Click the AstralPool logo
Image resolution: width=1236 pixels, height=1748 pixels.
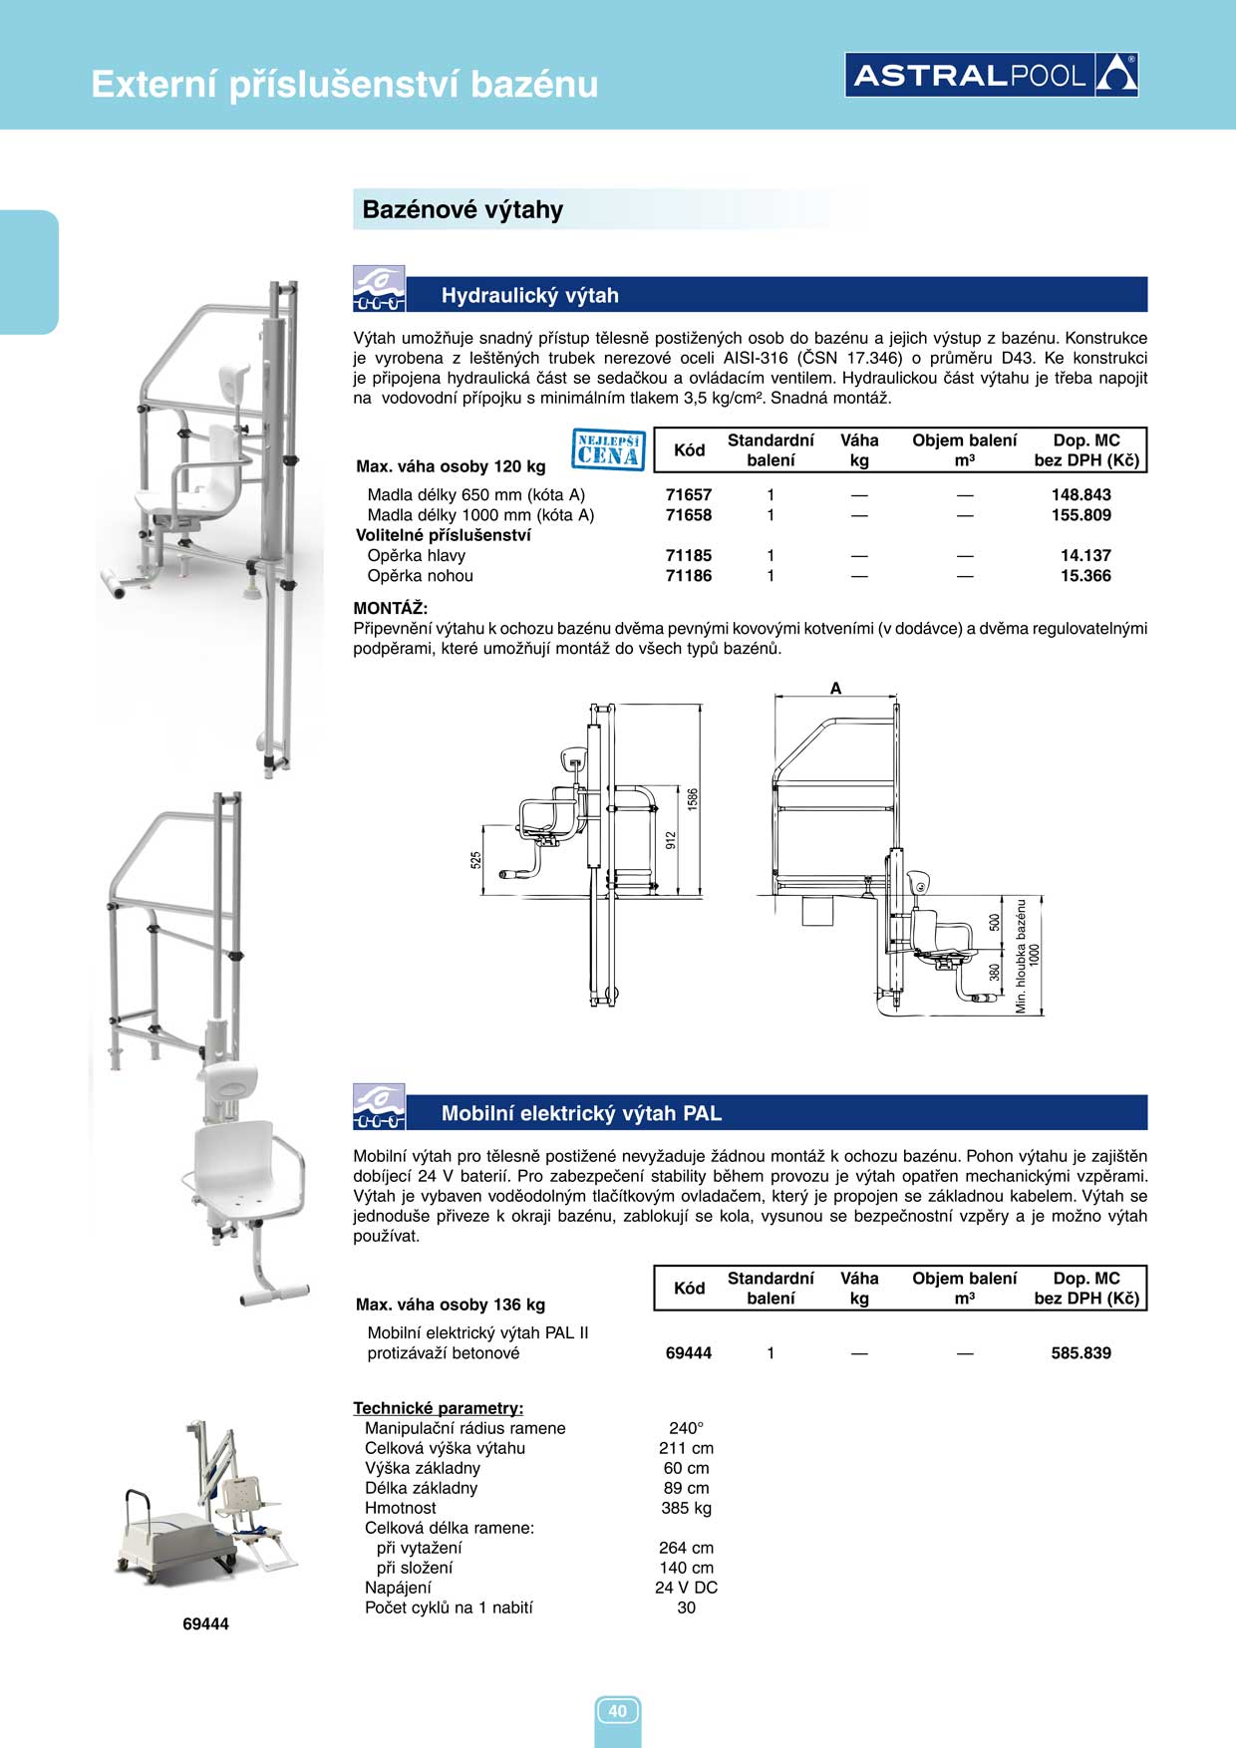991,75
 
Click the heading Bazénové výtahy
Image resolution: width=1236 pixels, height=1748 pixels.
463,209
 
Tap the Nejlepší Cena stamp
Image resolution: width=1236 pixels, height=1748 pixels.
609,449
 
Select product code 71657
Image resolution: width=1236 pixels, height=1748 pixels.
688,494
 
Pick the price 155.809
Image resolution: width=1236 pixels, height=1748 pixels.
1081,515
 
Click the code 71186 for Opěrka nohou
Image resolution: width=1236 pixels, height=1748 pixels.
688,576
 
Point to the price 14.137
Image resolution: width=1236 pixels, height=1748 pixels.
1084,555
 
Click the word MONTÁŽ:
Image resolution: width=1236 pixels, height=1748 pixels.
391,608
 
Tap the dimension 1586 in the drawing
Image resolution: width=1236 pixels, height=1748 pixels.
693,798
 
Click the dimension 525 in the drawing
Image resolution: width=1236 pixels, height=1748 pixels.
475,858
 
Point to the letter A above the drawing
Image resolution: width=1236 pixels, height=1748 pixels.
835,688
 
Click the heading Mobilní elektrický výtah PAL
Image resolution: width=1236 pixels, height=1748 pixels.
581,1113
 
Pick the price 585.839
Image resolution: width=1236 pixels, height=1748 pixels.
1081,1353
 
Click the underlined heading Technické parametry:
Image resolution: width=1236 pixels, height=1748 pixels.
439,1408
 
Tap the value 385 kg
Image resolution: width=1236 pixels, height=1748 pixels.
686,1508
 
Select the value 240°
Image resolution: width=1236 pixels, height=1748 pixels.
686,1428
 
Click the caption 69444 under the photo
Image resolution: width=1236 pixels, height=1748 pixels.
205,1623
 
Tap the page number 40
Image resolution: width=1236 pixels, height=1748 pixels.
617,1711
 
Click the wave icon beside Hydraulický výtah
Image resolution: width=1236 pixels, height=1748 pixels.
379,289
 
